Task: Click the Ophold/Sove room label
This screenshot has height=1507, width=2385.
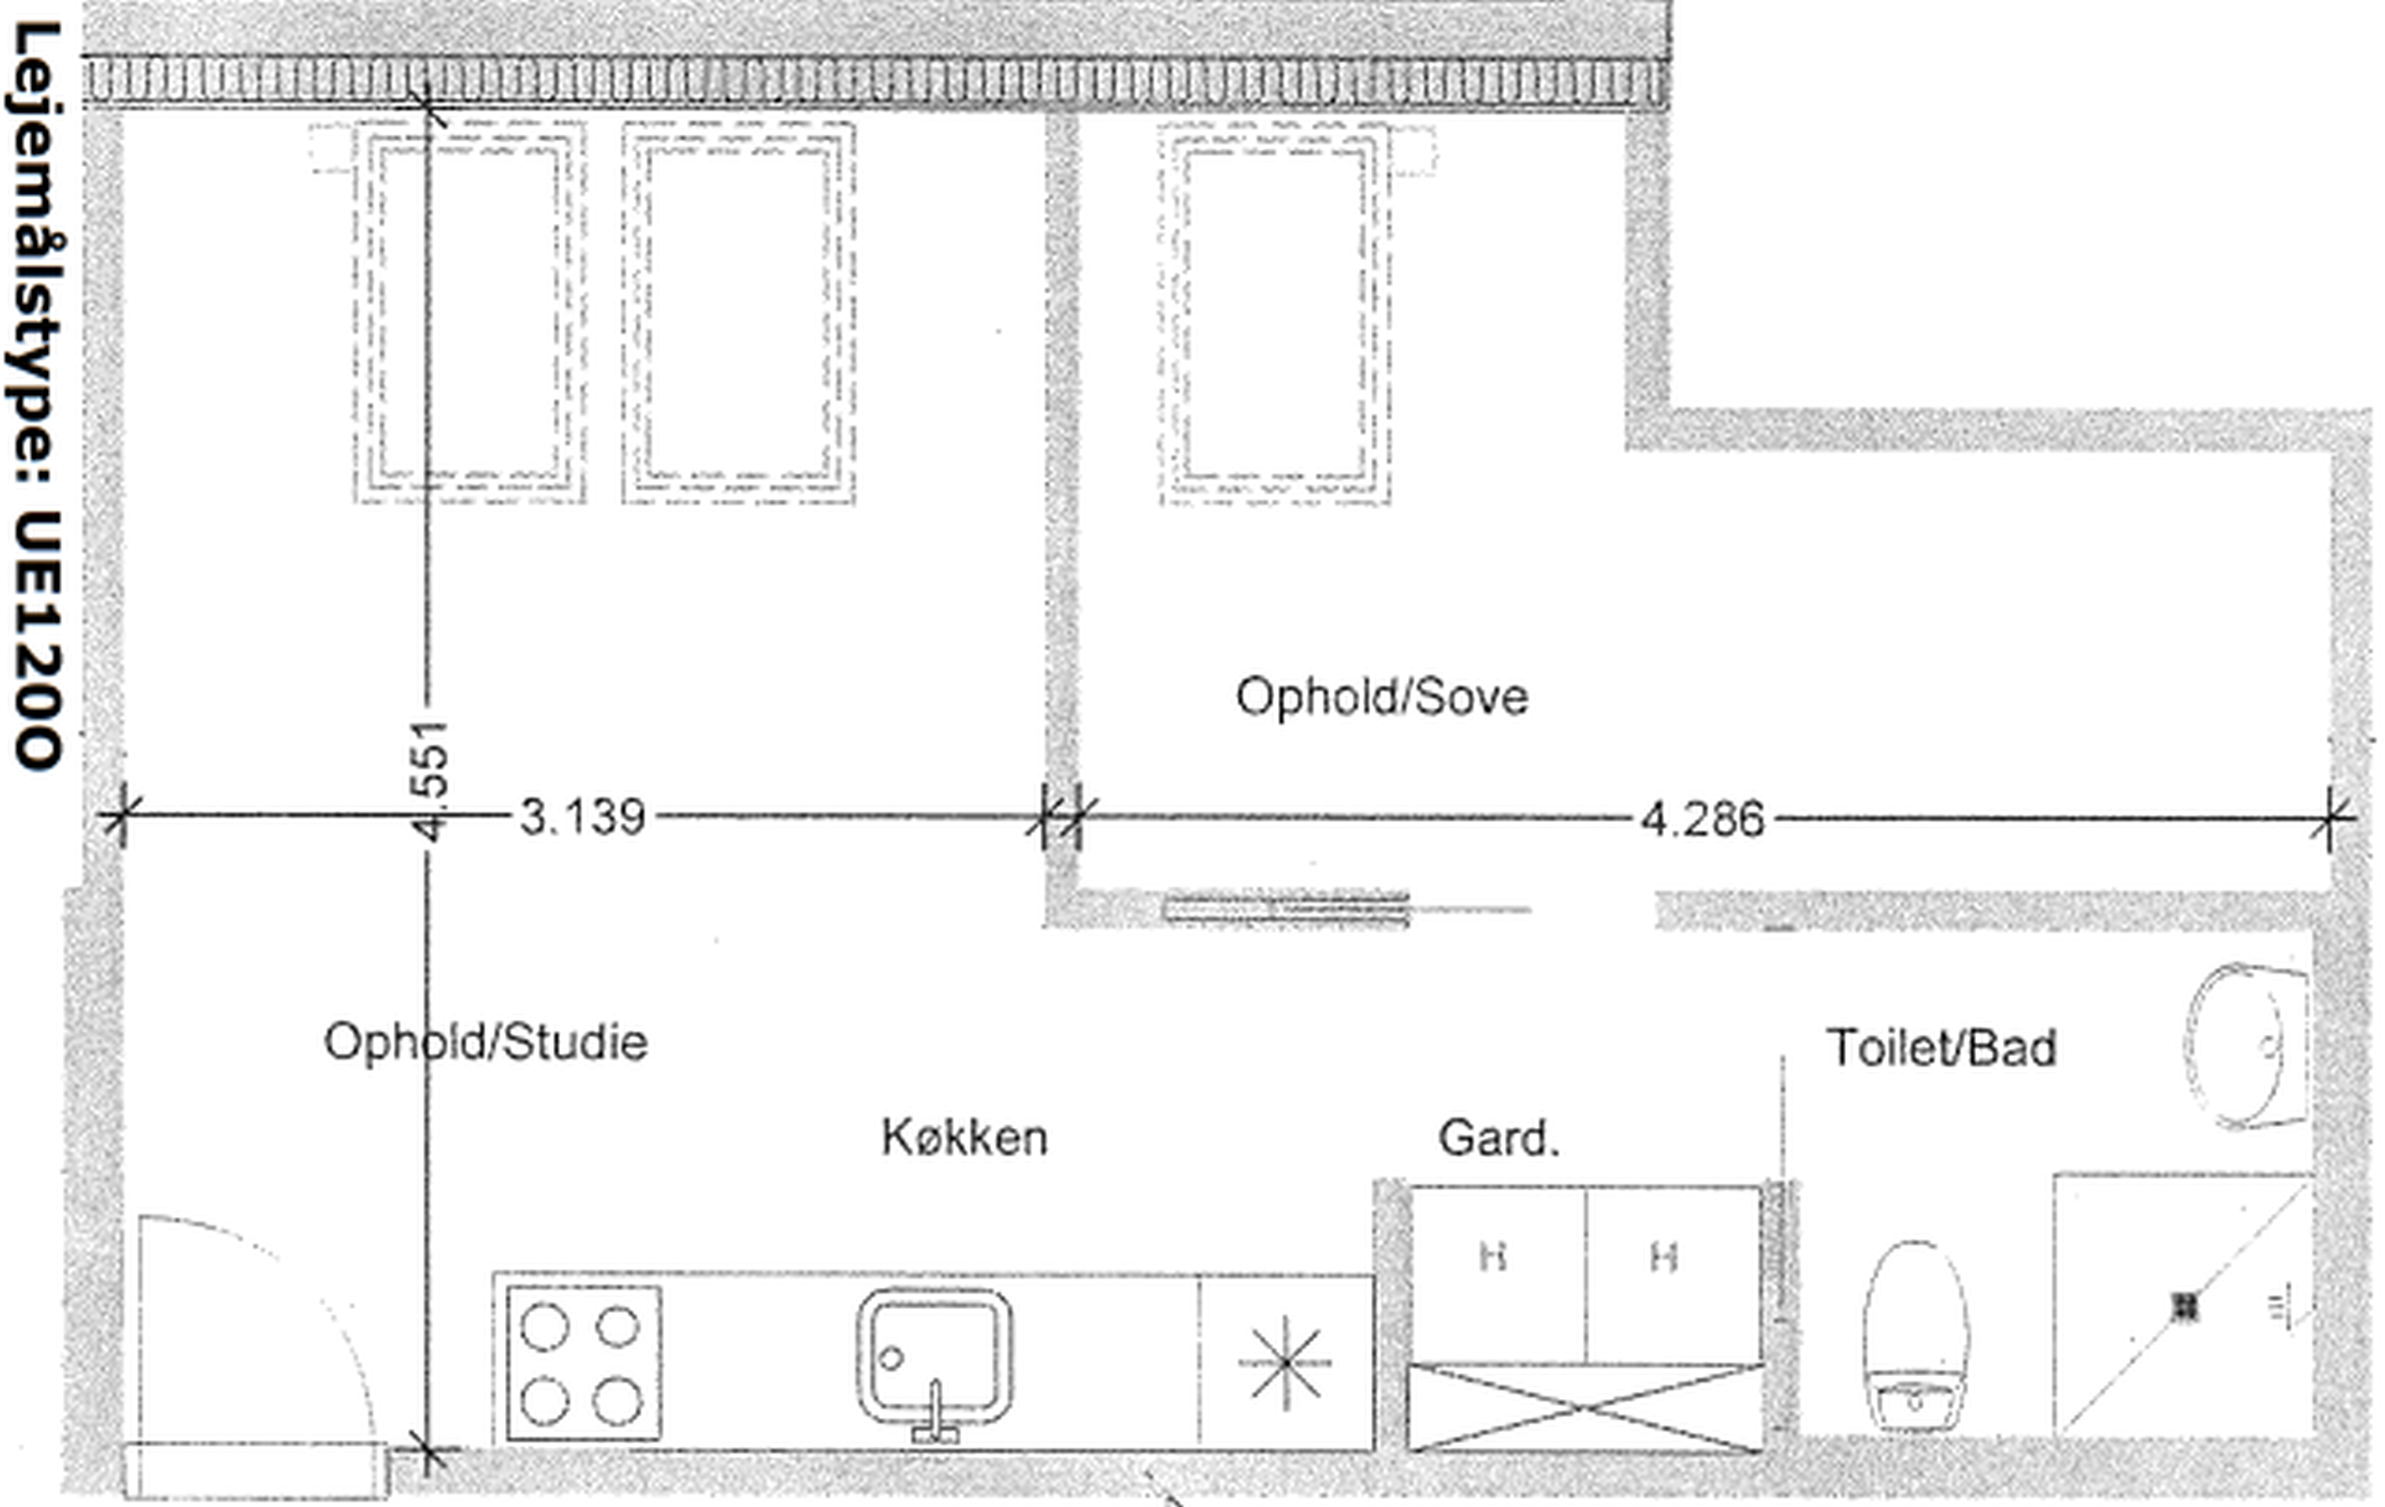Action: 1382,696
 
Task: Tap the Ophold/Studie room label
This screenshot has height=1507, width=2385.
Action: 485,1042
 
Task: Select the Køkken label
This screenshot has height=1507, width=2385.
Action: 964,1138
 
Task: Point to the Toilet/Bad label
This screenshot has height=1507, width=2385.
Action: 1940,1047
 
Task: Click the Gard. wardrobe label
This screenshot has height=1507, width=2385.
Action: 1498,1138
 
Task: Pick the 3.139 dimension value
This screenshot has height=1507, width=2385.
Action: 582,818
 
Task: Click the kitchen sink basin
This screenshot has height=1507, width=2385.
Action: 934,1356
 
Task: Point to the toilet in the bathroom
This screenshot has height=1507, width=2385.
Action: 1915,1337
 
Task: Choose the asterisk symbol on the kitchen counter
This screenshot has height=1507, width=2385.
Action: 1285,1363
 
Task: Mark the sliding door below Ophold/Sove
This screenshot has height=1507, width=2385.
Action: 1285,908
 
